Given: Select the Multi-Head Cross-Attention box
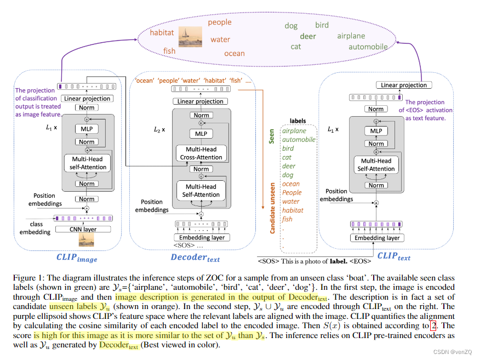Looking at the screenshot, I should point(201,153).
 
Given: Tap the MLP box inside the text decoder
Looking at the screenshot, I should point(201,134).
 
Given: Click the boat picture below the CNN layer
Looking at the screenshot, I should point(87,239).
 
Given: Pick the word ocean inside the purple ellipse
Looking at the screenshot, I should point(235,53).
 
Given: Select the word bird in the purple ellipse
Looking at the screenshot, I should point(322,25).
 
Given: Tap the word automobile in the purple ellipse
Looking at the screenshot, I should point(368,47).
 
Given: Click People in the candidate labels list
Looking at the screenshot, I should point(292,192).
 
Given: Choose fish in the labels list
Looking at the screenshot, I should point(287,219).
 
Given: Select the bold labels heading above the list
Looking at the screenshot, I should point(298,121).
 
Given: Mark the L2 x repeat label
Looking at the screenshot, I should point(159,130).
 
